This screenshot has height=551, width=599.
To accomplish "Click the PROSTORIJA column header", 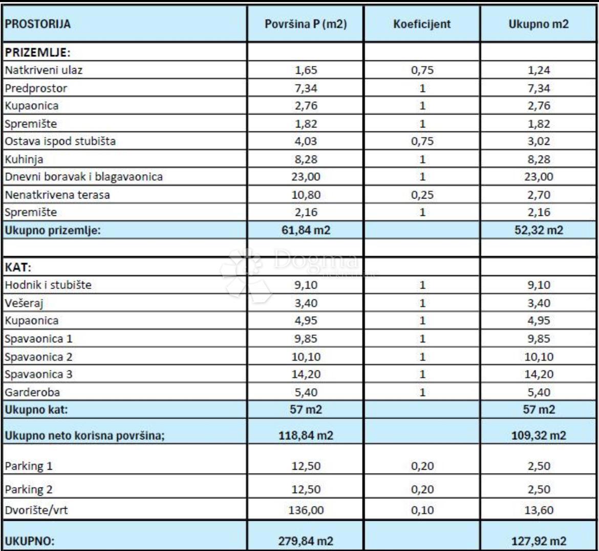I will coord(38,25).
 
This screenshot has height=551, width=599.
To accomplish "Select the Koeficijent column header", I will coord(422,25).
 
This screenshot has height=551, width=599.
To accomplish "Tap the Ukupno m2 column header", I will coord(539,25).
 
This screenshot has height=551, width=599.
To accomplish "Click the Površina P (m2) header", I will coord(306,25).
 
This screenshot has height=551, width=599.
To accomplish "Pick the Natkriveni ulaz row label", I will coord(44,71).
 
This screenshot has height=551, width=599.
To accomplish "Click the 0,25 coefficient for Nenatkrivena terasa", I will coord(422,195).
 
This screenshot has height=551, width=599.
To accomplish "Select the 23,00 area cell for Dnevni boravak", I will coord(306,177).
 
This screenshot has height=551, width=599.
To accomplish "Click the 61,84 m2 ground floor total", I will coord(306,230).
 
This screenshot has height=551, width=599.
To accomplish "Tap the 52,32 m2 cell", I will coord(539,230).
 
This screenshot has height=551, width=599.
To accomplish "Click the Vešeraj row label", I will coord(24,303).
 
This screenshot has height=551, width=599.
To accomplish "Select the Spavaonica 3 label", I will coord(38,374).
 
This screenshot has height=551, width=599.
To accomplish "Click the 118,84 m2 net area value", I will coord(306,436).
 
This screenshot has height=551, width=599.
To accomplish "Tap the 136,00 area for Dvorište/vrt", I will coord(306,510).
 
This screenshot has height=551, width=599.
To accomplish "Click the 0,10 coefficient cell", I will coord(422,510).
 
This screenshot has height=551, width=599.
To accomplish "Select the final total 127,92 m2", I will coord(539,541).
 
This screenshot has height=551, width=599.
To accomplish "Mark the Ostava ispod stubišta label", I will coord(60,142).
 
